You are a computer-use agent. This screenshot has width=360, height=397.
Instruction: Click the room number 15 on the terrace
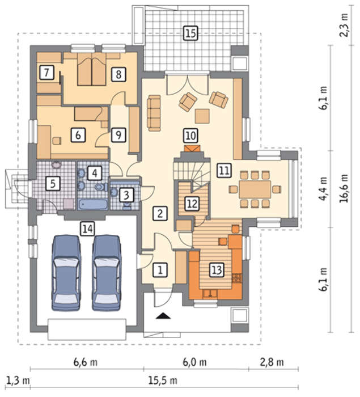[x=190, y=33]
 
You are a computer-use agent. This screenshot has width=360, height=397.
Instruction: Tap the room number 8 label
[x=118, y=74]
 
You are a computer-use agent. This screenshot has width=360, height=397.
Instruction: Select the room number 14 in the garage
[x=87, y=229]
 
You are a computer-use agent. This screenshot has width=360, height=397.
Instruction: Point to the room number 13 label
[x=217, y=270]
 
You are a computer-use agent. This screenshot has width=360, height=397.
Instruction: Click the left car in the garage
[x=66, y=273]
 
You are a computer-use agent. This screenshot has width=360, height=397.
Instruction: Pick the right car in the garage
[x=107, y=273]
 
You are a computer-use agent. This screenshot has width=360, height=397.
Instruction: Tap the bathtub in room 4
[x=92, y=204]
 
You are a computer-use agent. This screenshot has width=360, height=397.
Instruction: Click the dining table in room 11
[x=255, y=189]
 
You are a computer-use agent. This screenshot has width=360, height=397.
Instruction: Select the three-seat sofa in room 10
[x=154, y=113]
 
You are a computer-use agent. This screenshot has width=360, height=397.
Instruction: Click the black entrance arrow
[x=163, y=316]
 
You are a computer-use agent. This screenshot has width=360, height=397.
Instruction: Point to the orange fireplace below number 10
[x=192, y=149]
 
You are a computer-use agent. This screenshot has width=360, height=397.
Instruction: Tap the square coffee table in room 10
[x=202, y=116]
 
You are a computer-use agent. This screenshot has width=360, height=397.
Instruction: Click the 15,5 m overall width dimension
[x=163, y=381]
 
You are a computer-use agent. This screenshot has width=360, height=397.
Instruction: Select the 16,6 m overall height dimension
[x=344, y=188]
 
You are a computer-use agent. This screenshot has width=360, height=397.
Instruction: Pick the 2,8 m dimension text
[x=272, y=362]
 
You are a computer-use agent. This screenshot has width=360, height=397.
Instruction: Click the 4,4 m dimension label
[x=323, y=189]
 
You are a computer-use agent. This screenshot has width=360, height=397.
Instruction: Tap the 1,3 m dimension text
[x=18, y=381]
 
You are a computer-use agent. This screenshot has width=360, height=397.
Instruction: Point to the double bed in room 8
[x=91, y=69]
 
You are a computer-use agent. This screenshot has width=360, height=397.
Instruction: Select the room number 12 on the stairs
[x=192, y=203]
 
